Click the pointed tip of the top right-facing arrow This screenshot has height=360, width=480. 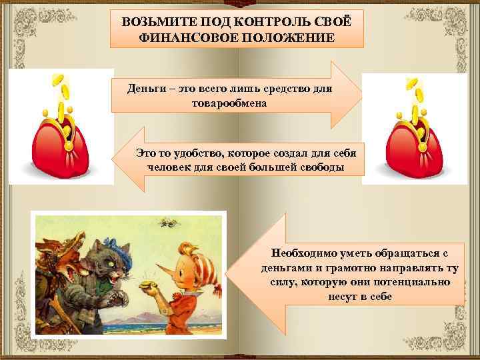361,94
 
